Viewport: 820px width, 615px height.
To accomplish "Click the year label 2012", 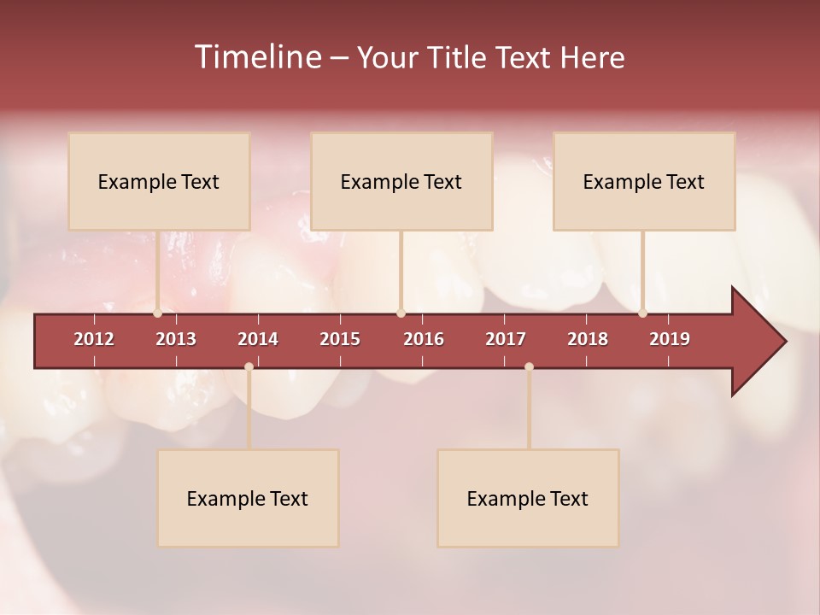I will click(94, 339).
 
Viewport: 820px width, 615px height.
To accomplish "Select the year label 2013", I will click(176, 339).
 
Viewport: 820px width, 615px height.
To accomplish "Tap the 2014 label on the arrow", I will click(258, 339).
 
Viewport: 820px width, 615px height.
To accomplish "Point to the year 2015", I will click(340, 339).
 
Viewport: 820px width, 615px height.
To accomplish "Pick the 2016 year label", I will click(424, 339).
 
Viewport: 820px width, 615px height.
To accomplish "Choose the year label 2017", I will click(506, 339).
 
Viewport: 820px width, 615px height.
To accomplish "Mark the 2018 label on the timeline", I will click(588, 339).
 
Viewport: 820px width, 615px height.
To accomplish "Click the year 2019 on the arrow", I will click(670, 339).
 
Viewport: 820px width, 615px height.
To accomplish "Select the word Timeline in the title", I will click(256, 57).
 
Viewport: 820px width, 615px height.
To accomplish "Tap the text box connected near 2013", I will click(159, 181).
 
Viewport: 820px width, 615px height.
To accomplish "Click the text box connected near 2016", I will click(401, 181).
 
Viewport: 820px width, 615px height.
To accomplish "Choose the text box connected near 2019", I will click(644, 181).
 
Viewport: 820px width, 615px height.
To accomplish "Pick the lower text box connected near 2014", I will click(248, 498).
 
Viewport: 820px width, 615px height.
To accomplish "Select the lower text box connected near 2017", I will click(528, 498).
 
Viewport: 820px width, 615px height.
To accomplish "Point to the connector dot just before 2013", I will click(158, 313).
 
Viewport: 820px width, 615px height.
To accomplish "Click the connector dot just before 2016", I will click(401, 313).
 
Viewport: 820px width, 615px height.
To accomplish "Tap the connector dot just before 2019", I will click(642, 313).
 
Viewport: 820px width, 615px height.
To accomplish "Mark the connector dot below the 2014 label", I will click(249, 366).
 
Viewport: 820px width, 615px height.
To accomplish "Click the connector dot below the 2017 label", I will click(529, 366).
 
